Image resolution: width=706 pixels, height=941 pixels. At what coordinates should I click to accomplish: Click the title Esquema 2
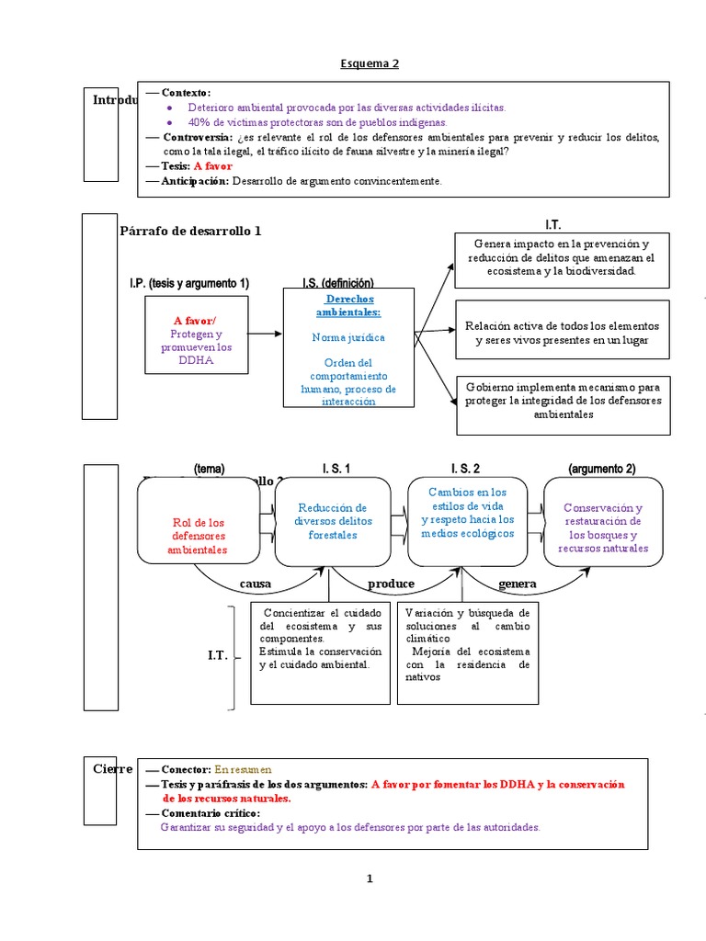tap(370, 63)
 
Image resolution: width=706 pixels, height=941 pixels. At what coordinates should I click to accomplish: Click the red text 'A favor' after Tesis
tap(212, 166)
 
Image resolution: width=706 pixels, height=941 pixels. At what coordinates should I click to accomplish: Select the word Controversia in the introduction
tap(197, 137)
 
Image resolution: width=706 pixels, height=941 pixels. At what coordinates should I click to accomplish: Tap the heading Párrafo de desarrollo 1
tap(190, 231)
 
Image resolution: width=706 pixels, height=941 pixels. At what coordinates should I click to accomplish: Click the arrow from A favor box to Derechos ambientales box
tap(266, 334)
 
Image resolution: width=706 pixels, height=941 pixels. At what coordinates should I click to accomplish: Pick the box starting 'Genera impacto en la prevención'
tap(561, 257)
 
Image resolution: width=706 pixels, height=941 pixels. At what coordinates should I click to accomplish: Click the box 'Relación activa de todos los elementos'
tap(561, 333)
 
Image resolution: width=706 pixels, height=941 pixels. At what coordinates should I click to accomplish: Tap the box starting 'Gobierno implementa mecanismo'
tap(561, 401)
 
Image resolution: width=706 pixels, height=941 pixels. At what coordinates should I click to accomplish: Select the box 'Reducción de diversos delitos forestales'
tap(332, 521)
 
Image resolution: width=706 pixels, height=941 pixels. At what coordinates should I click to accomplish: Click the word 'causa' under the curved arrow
tap(256, 584)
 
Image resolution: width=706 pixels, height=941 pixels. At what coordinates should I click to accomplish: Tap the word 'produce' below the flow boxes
tap(391, 584)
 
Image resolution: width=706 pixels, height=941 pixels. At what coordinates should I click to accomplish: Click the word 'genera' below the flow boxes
tap(517, 584)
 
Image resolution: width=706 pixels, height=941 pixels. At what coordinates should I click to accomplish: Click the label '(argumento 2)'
tap(601, 469)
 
